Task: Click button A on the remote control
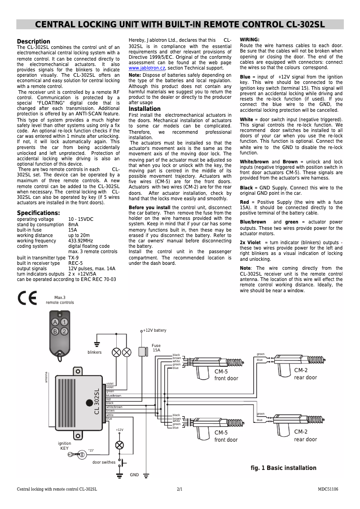point(55,322)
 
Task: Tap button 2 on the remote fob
point(65,331)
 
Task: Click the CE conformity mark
point(27,298)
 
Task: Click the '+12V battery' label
point(154,330)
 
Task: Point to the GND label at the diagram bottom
point(134,475)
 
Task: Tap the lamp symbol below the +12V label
point(119,445)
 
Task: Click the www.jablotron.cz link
point(147,68)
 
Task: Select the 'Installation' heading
point(145,109)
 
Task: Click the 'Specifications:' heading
point(38,213)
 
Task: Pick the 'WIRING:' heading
point(250,39)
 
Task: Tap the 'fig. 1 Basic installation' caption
point(283,468)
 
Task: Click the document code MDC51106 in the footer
point(328,489)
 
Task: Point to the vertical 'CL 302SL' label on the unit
point(97,401)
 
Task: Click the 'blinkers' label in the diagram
point(94,352)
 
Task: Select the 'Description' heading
point(34,42)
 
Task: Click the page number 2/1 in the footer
point(180,489)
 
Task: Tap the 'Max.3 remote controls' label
point(60,300)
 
